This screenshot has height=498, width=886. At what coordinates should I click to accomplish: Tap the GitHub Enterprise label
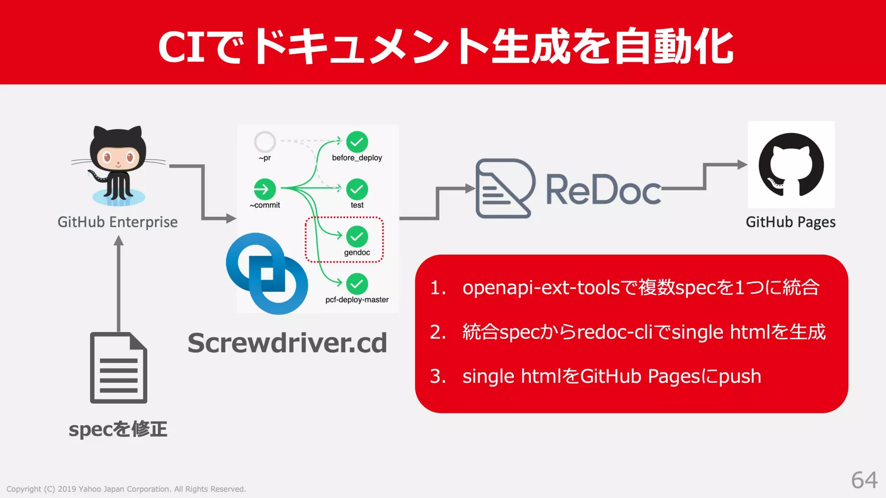click(x=118, y=222)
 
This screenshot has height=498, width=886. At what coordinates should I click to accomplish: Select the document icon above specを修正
click(x=119, y=368)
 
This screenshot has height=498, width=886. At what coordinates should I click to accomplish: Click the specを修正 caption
click(x=118, y=429)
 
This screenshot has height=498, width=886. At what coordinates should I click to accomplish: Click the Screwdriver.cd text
click(x=287, y=343)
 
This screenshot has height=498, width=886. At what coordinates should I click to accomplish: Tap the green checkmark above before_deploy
click(x=357, y=142)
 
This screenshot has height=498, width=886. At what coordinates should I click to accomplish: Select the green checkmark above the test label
click(x=357, y=189)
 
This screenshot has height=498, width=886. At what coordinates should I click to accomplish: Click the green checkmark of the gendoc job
click(x=357, y=236)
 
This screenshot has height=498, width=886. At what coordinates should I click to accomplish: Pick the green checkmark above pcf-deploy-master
click(x=357, y=284)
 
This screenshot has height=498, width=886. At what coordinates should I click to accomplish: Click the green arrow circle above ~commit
click(x=265, y=189)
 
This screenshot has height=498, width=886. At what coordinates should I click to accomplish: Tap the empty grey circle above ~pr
click(x=265, y=141)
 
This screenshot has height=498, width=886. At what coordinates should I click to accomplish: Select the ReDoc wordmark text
click(x=603, y=189)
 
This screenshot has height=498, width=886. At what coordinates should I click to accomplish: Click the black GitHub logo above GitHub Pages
click(x=791, y=165)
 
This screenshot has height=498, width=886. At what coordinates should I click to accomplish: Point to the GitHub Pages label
click(x=790, y=222)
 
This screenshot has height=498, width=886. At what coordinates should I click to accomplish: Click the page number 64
click(x=864, y=480)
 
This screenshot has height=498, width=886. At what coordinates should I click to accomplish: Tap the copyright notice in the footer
click(x=126, y=489)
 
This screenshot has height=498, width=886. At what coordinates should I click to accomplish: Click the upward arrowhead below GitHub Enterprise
click(x=119, y=241)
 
